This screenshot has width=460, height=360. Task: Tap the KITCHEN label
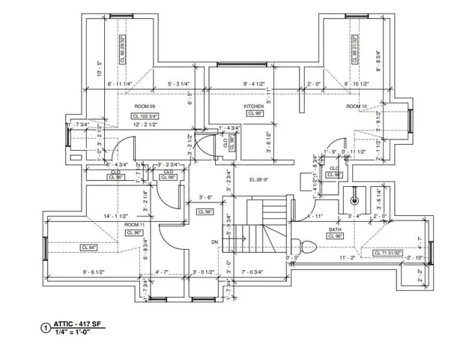[x=253, y=107]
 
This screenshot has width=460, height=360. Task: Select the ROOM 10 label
[x=356, y=107]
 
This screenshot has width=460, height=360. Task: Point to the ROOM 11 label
[x=134, y=225]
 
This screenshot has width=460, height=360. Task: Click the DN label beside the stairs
[x=214, y=241]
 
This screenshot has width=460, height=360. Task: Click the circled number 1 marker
[x=46, y=328]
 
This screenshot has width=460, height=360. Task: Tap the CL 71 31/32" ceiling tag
[x=387, y=253]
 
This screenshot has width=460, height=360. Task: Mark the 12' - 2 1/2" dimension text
[x=149, y=124]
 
